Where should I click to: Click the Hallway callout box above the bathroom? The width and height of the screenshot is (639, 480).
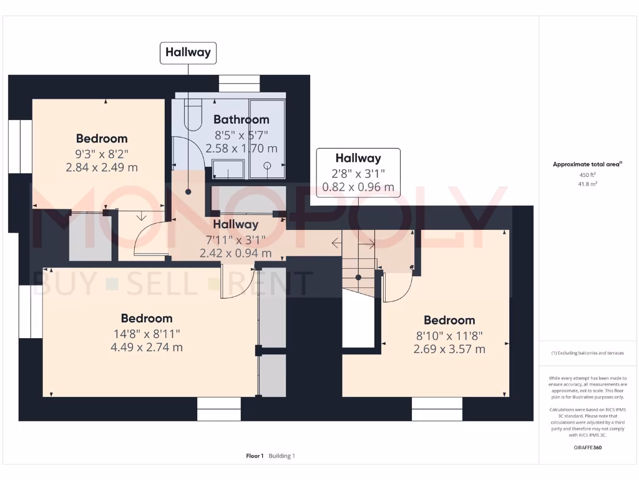[x=188, y=52]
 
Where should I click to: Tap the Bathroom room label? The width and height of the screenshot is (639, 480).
[x=241, y=119]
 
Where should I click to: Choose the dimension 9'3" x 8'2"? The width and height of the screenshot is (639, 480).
[x=102, y=153]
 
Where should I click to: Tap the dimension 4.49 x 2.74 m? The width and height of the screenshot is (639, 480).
[x=147, y=347]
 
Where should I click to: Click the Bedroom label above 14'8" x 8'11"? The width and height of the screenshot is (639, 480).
[x=147, y=318]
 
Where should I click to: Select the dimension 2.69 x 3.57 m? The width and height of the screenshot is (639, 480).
[x=449, y=349]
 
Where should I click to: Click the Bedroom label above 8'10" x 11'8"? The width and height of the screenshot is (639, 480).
[x=449, y=320]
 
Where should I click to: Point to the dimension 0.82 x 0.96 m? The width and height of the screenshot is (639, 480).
[x=358, y=186]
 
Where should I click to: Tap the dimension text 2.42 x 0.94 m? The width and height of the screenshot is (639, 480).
[x=235, y=253]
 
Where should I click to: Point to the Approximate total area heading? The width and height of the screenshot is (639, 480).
[x=587, y=164]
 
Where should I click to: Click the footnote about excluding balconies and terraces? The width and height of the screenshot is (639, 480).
[x=587, y=353]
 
